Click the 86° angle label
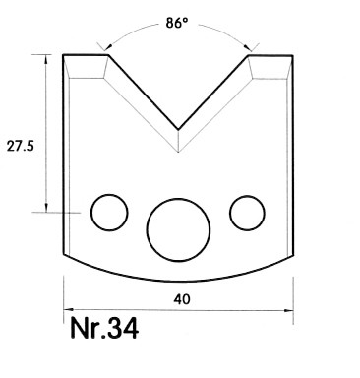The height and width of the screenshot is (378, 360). [177, 23]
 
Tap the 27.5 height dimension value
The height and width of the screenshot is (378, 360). [21, 146]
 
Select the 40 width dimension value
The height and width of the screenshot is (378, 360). [182, 299]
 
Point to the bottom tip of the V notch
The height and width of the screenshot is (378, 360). [178, 129]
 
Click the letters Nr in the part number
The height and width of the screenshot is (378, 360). [85, 328]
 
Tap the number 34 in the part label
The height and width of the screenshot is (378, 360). [123, 329]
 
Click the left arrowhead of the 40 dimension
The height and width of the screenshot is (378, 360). [68, 310]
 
